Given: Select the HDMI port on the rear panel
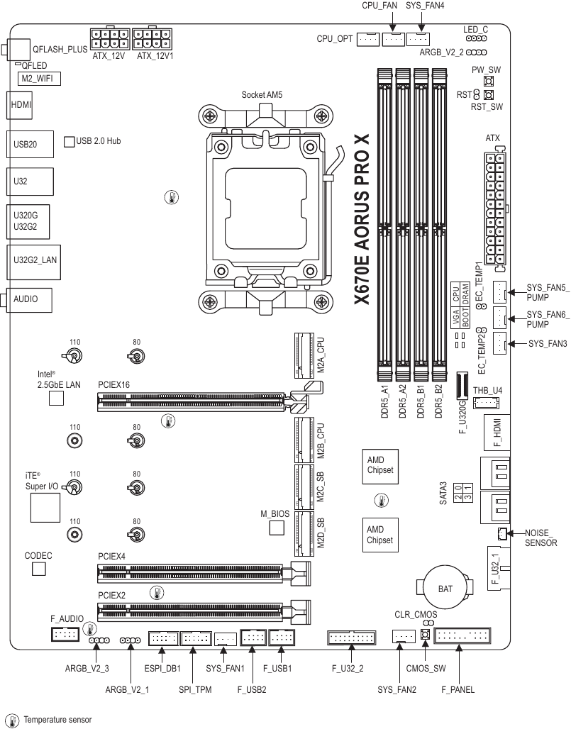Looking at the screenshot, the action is (20, 105).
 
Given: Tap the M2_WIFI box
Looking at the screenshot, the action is (39, 79).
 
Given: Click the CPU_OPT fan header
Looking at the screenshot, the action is (368, 40).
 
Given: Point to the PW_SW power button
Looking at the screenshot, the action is (488, 82).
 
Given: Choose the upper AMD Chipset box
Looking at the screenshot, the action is (380, 467).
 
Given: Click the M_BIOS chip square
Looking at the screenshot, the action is (277, 528).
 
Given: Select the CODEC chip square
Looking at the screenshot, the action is (39, 569).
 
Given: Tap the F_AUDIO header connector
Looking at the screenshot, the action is (65, 634).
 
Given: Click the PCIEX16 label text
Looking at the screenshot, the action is (114, 385).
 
